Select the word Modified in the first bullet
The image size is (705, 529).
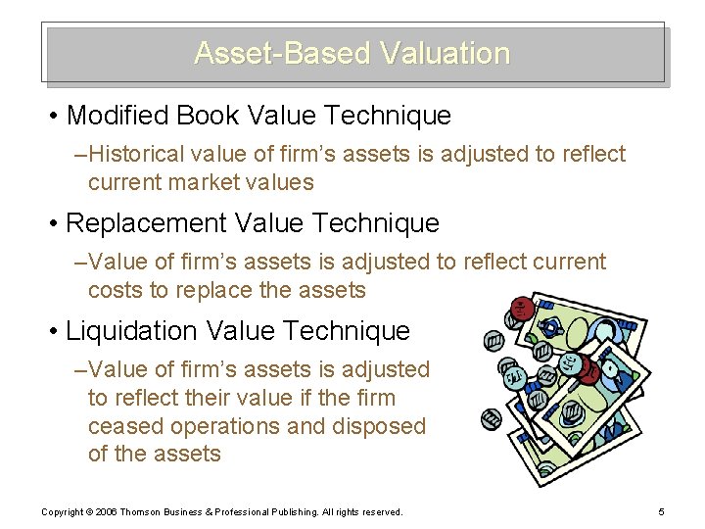point(117,116)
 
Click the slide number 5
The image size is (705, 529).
point(663,512)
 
